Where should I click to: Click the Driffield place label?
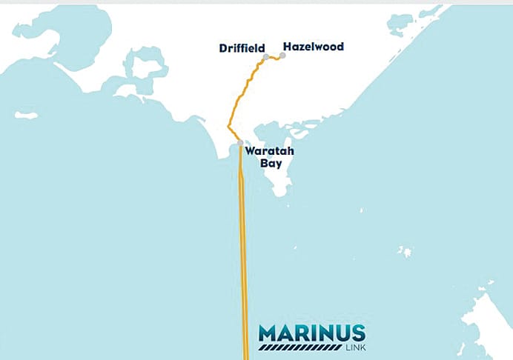[x=242, y=48]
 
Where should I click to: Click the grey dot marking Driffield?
[x=265, y=56]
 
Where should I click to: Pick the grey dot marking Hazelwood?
[x=282, y=55]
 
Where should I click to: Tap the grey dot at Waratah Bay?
[x=240, y=143]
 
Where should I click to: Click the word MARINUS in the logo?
[x=311, y=332]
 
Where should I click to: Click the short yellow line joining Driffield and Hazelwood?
[x=274, y=58]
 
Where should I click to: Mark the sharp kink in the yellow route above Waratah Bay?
[x=229, y=127]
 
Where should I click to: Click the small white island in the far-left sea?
[x=26, y=116]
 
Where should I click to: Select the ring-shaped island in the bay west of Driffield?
[x=145, y=67]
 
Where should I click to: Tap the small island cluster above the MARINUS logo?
[x=404, y=252]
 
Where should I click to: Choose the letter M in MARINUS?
[x=268, y=332]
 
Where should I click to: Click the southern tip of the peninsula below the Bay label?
[x=280, y=194]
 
